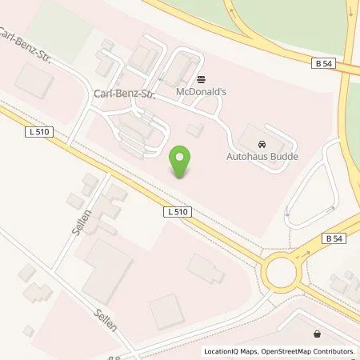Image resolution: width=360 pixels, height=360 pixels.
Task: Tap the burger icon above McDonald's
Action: pos(200,80)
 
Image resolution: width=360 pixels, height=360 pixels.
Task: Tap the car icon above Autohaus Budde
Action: pos(262,144)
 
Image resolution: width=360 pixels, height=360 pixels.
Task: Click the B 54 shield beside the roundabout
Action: pos(334,238)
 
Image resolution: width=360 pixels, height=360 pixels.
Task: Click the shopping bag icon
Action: pos(319,334)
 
